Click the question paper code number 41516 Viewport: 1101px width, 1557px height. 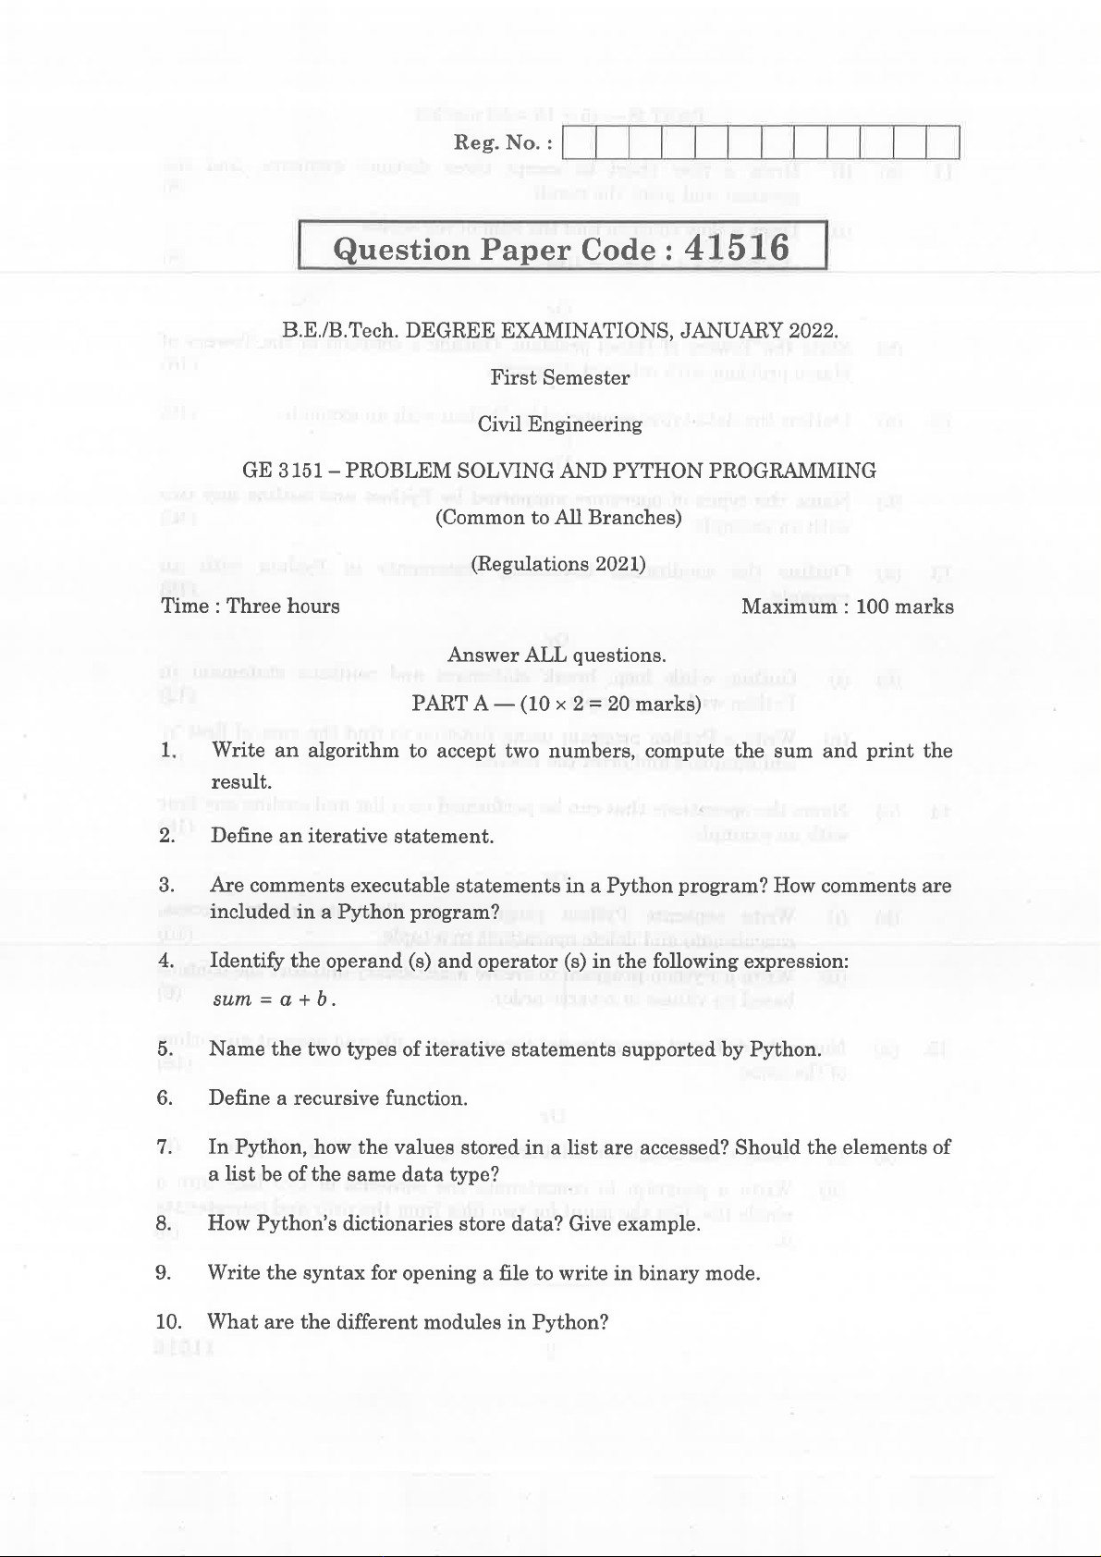[737, 248]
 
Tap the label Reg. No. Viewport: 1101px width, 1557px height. [503, 143]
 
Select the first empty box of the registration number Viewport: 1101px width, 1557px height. [579, 143]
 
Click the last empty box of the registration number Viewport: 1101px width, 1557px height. [942, 143]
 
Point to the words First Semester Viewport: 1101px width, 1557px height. [560, 377]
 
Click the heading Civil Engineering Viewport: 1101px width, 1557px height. [560, 424]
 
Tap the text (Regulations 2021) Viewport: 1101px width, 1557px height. [558, 564]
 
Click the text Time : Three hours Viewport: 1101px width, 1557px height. [251, 607]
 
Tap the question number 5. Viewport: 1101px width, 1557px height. [165, 1049]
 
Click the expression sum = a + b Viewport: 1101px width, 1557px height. [274, 1000]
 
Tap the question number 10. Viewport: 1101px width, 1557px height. [168, 1322]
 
